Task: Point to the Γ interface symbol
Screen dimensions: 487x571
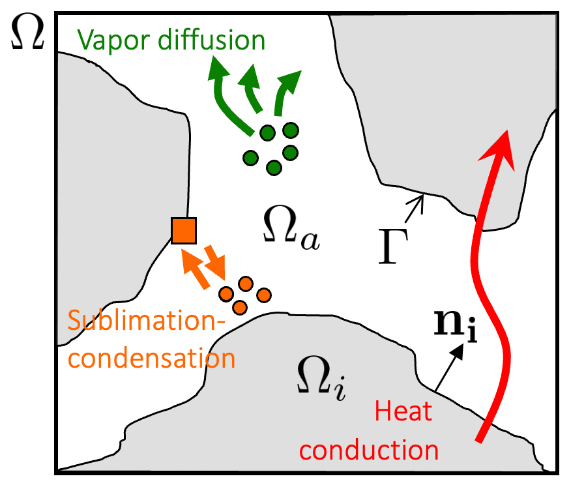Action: [394, 248]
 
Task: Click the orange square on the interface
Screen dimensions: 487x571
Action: [183, 230]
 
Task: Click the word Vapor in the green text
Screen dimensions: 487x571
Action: [108, 41]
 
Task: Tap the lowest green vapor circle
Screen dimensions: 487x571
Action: [274, 168]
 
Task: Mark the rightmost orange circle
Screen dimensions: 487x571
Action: [263, 295]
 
